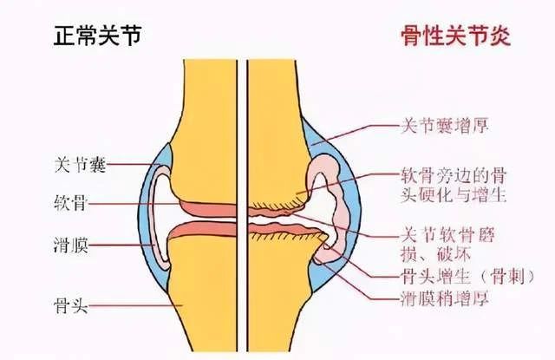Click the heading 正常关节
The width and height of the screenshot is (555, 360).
tap(98, 36)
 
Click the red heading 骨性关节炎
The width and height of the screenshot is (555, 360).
tap(455, 36)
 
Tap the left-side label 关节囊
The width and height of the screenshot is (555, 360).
tap(81, 164)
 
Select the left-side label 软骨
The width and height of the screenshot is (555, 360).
tap(70, 203)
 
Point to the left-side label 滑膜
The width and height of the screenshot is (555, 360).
tap(70, 245)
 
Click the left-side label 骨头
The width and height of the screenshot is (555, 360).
tap(70, 305)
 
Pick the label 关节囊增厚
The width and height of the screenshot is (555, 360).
tap(445, 125)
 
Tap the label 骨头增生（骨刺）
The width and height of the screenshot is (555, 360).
tap(467, 276)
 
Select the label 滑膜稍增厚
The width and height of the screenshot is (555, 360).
tap(445, 298)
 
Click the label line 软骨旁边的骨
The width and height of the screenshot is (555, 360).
tap(454, 175)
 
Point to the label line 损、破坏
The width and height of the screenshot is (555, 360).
tap(435, 253)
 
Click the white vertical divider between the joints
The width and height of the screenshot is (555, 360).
tap(242, 206)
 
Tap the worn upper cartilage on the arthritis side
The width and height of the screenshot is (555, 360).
tap(271, 213)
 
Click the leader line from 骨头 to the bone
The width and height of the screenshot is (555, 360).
tap(135, 305)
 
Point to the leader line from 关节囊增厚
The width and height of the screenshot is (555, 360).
tap(356, 134)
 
